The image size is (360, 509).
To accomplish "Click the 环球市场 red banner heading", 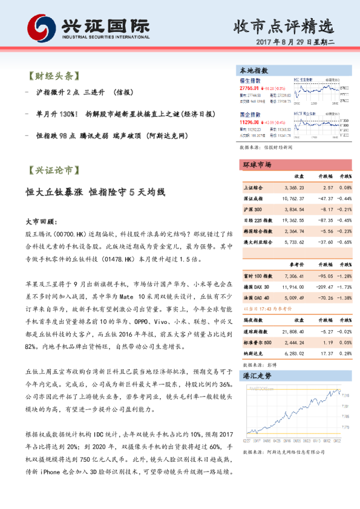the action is pyautogui.click(x=257, y=164).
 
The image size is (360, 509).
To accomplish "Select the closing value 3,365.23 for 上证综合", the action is pyautogui.click(x=293, y=188).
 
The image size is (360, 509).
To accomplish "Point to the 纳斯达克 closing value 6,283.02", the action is pyautogui.click(x=293, y=353).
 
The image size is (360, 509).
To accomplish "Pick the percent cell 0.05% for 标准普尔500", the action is pyautogui.click(x=344, y=342).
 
